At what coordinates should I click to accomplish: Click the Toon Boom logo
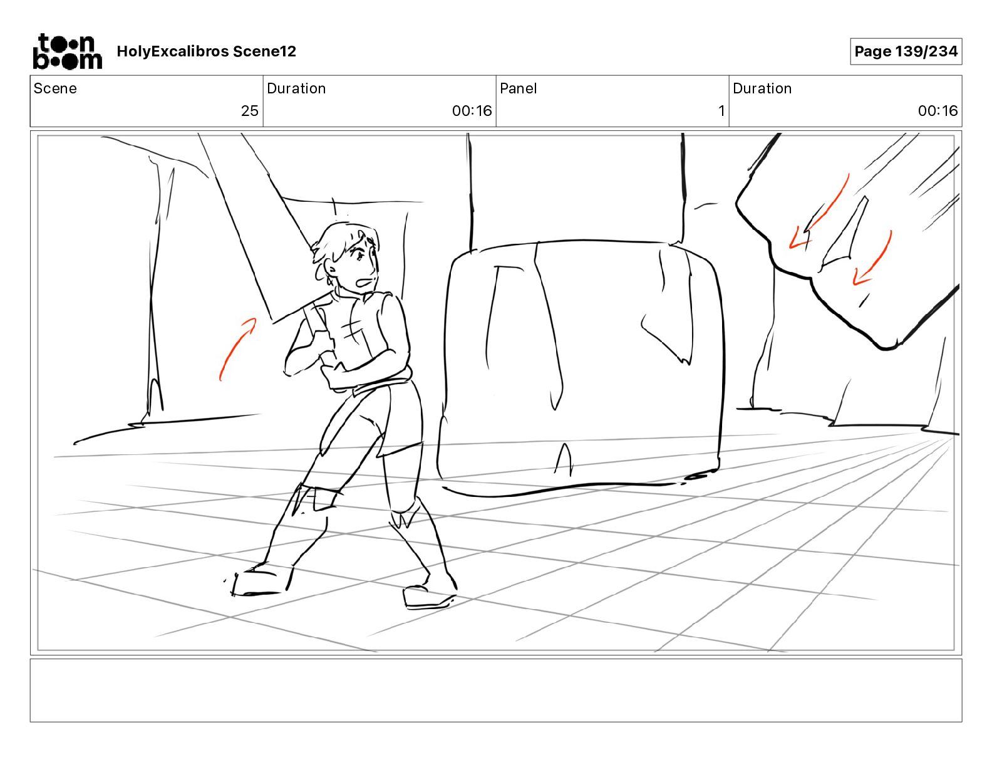[x=68, y=51]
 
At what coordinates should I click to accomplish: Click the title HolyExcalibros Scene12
[x=206, y=51]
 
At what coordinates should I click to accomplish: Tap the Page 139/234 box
[x=906, y=51]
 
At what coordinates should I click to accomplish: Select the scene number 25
[x=250, y=110]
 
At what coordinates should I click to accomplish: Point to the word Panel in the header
[x=518, y=88]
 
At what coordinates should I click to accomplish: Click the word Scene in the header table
[x=55, y=88]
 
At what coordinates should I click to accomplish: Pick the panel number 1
[x=721, y=110]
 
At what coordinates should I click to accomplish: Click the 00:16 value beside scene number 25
[x=472, y=110]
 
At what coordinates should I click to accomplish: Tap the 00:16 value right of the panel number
[x=938, y=110]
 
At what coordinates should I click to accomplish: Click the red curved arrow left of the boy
[x=235, y=347]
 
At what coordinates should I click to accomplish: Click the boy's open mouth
[x=365, y=283]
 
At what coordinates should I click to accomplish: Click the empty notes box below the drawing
[x=496, y=690]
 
